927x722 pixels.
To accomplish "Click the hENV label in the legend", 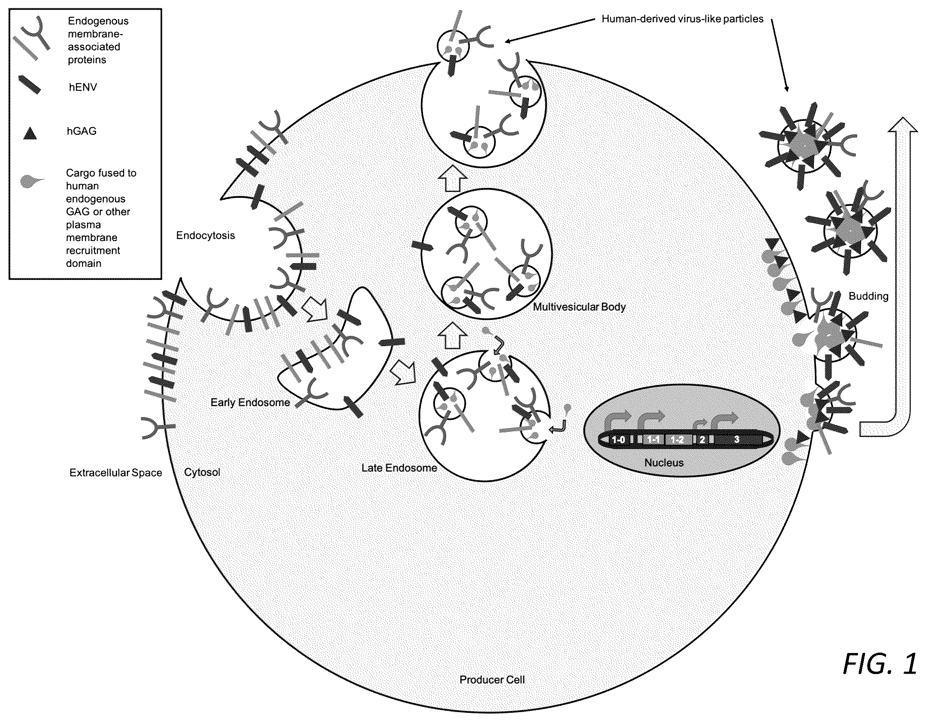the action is pos(83,88).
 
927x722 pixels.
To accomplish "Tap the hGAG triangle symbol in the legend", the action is pos(30,133).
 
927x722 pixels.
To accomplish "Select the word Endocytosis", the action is pos(205,236).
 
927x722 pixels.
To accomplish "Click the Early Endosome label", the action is pos(251,402).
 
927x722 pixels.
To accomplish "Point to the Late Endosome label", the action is pos(399,468).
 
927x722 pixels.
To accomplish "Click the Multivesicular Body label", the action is pos(579,307).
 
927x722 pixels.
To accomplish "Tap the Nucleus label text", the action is pos(664,463).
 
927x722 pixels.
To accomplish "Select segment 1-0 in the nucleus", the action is pos(619,439).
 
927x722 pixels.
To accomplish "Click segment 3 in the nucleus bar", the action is pos(737,439).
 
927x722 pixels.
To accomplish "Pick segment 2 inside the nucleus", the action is pos(702,439).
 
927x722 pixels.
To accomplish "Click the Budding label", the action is pos(868,296).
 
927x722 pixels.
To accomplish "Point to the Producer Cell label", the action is pos(492,680).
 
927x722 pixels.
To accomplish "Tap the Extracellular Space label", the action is pos(116,473).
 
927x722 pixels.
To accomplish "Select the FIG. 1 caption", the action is pos(879,663).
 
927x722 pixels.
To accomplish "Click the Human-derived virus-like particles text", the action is pos(682,19).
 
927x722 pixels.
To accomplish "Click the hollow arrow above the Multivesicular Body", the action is pos(452,180).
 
